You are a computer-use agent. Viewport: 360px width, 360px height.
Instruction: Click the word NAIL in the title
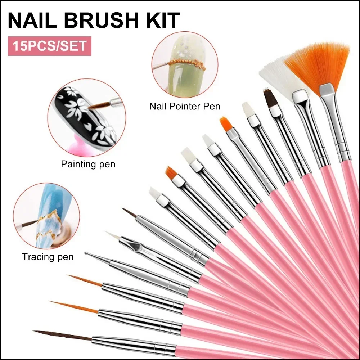tap(32, 20)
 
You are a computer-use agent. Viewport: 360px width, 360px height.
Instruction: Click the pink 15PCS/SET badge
tap(50, 46)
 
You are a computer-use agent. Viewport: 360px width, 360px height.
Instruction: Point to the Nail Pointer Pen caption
tap(185, 106)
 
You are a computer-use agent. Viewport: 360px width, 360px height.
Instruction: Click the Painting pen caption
tap(88, 165)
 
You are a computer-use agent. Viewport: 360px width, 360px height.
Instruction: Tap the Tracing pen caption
tap(48, 257)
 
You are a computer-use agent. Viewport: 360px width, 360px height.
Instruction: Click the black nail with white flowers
tap(86, 117)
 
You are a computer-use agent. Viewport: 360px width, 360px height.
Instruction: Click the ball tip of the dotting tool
tap(86, 253)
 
